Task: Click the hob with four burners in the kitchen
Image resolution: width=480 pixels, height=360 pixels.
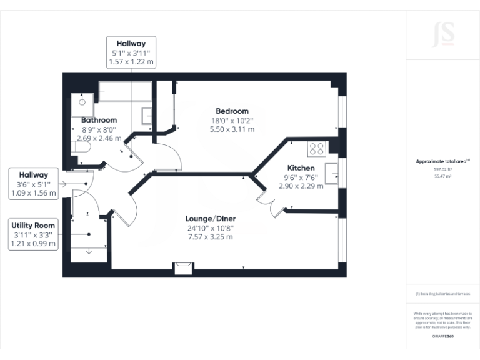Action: click(316, 149)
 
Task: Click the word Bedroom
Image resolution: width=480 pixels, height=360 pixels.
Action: click(232, 111)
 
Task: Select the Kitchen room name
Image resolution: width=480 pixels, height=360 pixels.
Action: click(301, 168)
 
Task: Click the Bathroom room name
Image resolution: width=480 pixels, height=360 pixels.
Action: click(99, 120)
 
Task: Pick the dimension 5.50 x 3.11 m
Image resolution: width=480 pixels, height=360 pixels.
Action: click(232, 129)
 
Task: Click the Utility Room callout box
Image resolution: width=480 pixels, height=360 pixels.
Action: click(34, 234)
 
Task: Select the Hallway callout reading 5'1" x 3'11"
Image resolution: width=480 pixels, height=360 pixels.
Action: click(131, 52)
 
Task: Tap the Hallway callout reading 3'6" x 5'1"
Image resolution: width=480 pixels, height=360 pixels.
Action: click(34, 184)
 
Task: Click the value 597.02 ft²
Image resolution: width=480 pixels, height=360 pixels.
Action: click(442, 169)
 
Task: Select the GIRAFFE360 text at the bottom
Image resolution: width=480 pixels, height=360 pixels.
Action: click(442, 337)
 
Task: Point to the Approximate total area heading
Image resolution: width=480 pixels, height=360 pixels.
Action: click(442, 161)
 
